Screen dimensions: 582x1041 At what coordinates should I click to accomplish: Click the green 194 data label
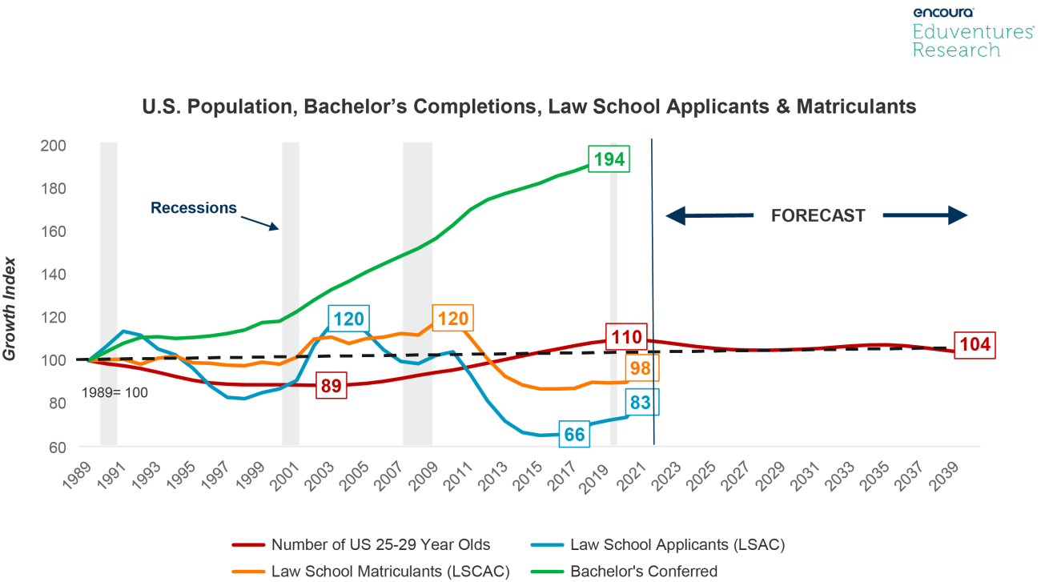pyautogui.click(x=607, y=159)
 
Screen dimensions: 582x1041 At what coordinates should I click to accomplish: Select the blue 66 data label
pyautogui.click(x=575, y=434)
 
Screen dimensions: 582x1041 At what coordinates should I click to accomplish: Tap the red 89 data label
pyautogui.click(x=332, y=387)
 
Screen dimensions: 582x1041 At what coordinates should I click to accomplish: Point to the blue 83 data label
pyautogui.click(x=641, y=403)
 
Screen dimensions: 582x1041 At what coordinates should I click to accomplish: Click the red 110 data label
pyautogui.click(x=625, y=338)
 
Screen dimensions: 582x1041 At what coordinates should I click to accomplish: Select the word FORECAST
pyautogui.click(x=818, y=216)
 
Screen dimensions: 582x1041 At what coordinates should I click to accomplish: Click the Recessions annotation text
pyautogui.click(x=194, y=208)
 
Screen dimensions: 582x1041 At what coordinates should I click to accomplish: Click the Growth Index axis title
pyautogui.click(x=11, y=307)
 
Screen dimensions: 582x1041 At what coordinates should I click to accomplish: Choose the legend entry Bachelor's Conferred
pyautogui.click(x=643, y=572)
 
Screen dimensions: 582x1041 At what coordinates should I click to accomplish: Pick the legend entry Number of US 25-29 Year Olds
pyautogui.click(x=380, y=545)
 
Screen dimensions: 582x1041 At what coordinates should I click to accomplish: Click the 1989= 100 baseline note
pyautogui.click(x=115, y=393)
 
